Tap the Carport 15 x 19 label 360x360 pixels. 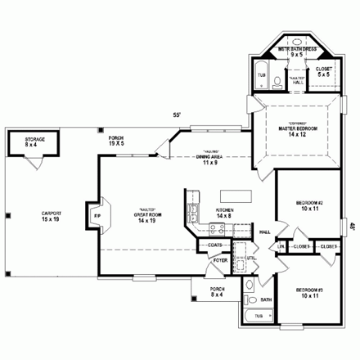[51, 217]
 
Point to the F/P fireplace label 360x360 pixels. [98, 215]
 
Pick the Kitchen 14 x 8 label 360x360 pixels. [224, 213]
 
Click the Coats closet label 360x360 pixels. [215, 244]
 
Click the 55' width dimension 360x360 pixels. [176, 115]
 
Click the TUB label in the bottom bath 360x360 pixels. [259, 315]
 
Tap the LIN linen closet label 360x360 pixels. [280, 246]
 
